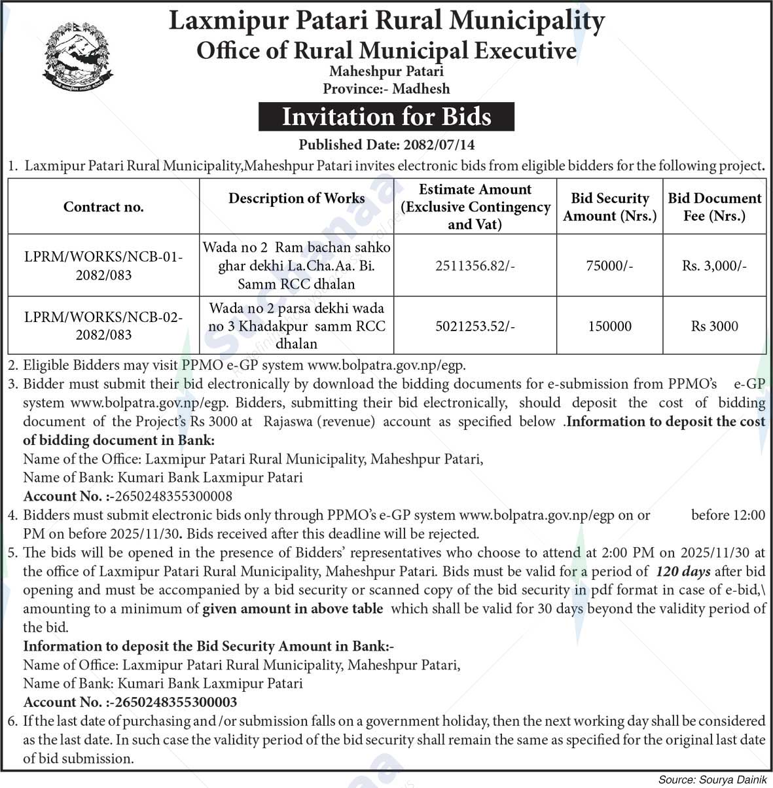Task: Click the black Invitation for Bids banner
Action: click(386, 116)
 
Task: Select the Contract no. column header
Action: click(103, 207)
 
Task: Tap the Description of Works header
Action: click(297, 198)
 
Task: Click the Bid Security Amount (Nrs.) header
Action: click(609, 207)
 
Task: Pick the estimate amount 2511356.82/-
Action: click(475, 266)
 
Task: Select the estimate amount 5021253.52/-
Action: click(475, 326)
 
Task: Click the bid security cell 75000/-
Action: click(609, 266)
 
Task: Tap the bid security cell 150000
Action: click(609, 326)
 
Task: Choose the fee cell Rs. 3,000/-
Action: click(714, 266)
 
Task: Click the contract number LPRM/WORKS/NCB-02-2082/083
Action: click(103, 326)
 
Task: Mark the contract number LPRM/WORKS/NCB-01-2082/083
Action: click(103, 266)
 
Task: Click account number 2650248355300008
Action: click(173, 496)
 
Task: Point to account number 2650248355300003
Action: click(175, 702)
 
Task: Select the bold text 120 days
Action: click(683, 571)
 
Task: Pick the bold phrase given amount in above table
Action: click(293, 609)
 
